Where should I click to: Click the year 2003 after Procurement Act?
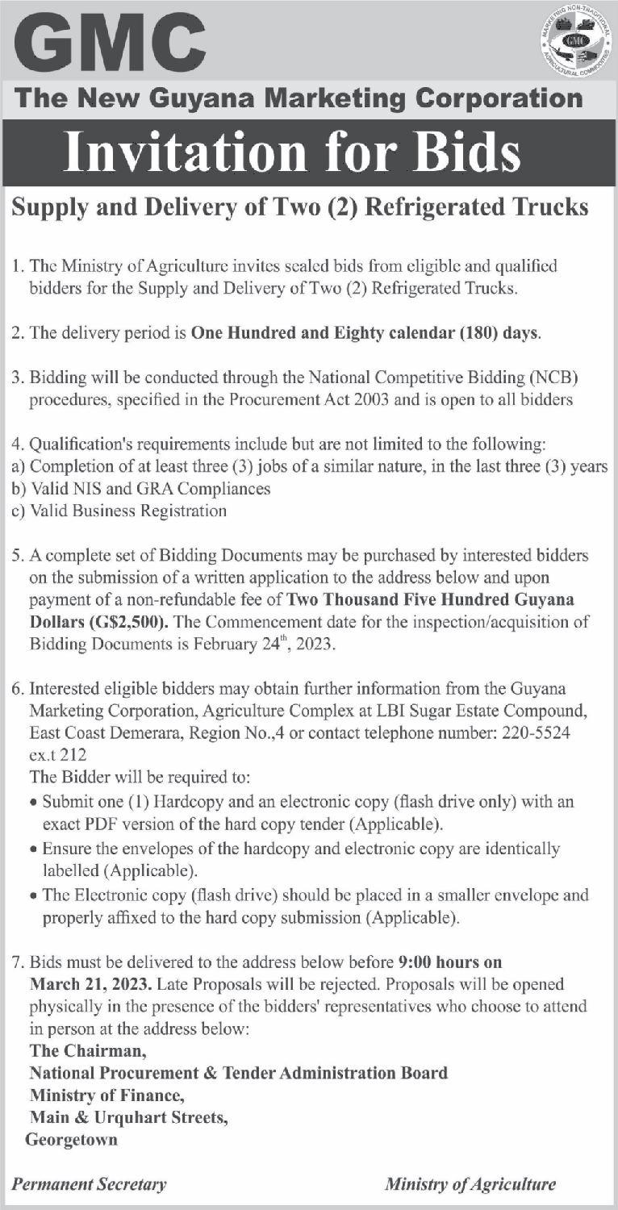390,399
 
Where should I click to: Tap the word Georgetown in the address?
71,1140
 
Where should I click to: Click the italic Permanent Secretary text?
90,1185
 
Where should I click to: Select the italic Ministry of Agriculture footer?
470,1185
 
